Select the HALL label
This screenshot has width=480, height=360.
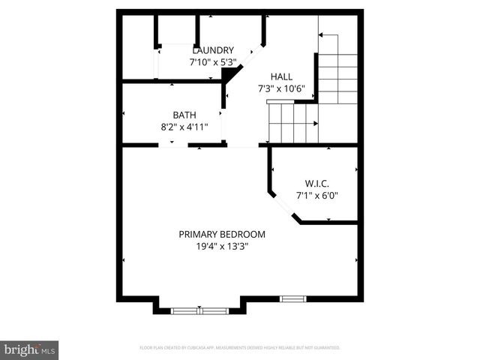coord(282,76)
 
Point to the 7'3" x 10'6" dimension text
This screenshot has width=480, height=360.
coord(282,88)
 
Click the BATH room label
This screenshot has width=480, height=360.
coord(184,115)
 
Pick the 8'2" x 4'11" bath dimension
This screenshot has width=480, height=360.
coord(184,127)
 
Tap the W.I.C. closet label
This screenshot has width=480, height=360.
coord(317,184)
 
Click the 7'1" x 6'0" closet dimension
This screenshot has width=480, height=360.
coord(317,196)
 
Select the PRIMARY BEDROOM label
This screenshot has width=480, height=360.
coord(222,234)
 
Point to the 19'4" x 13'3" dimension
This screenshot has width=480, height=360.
coord(222,246)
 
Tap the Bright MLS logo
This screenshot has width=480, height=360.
coord(30,349)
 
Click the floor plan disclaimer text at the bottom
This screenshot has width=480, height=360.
coord(240,348)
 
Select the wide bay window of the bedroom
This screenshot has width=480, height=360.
coord(199,310)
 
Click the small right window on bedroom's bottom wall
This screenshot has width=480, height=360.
coord(293,299)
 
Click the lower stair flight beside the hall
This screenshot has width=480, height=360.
coord(292,122)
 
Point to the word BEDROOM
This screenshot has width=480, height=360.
coord(243,234)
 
